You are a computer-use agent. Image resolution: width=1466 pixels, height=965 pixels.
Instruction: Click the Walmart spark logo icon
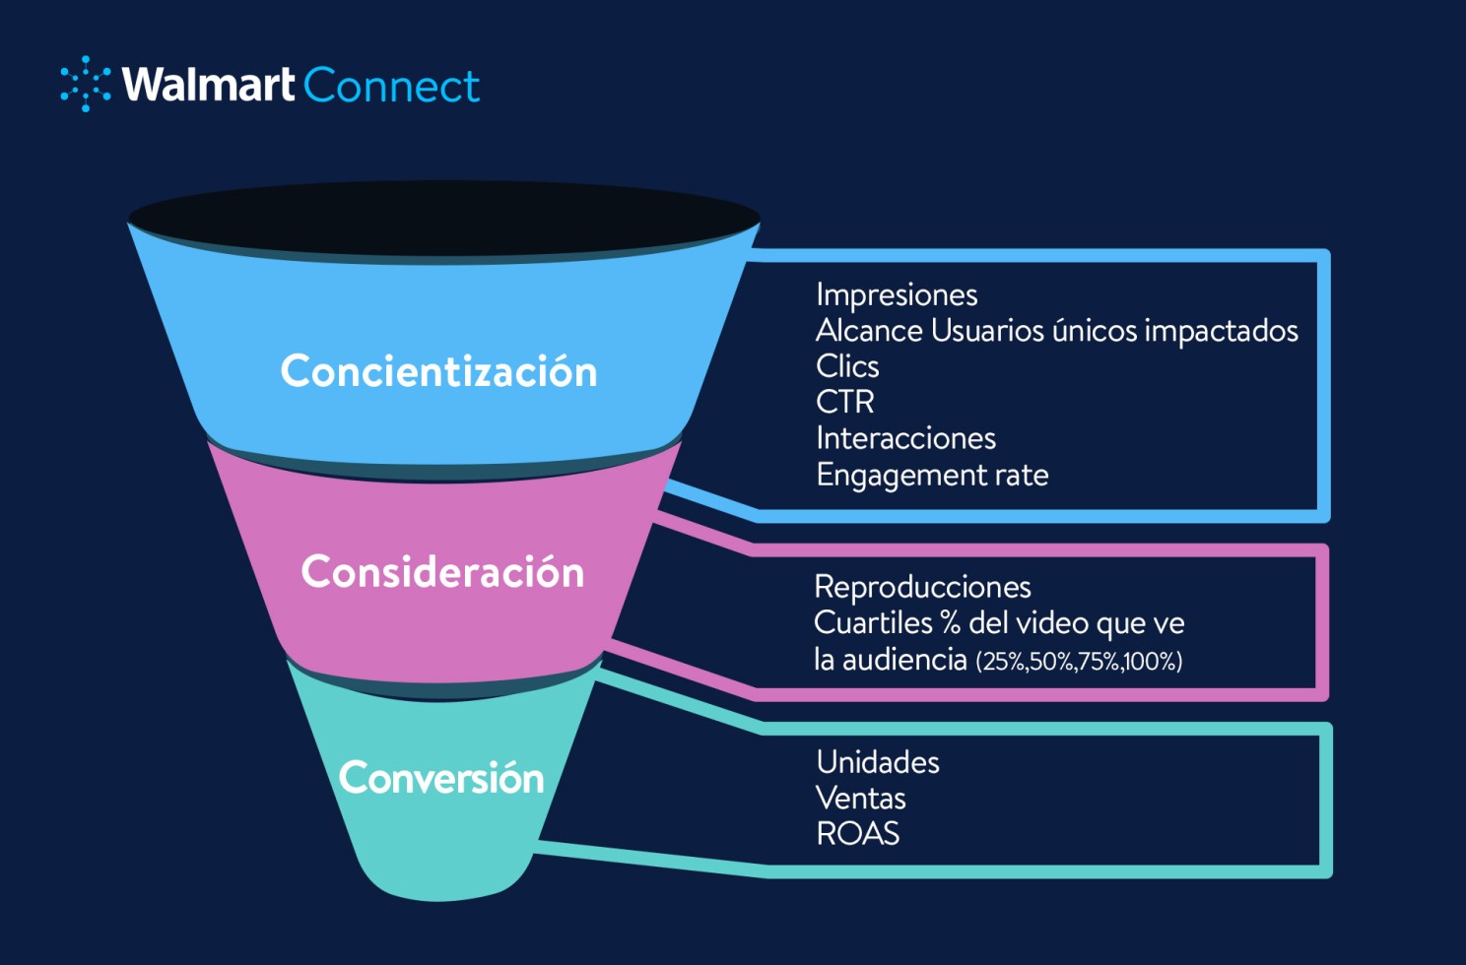(86, 84)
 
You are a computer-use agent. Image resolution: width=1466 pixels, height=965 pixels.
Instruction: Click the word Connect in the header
(391, 86)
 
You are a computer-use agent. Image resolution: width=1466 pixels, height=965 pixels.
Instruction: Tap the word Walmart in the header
(208, 85)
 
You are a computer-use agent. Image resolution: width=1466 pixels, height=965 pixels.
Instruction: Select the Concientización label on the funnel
(438, 371)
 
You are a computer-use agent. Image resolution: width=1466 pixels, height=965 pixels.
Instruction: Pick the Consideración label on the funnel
(442, 572)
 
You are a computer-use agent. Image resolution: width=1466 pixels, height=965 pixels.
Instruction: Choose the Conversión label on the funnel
(441, 778)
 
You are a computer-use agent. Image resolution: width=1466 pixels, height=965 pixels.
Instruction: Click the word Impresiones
(897, 294)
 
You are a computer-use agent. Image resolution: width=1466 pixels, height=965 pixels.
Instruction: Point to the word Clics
(847, 366)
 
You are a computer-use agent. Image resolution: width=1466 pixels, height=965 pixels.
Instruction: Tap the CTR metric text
(844, 402)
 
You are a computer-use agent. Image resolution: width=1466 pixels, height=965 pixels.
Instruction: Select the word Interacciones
(905, 438)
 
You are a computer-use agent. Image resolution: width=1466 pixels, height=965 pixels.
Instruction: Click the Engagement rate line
(932, 475)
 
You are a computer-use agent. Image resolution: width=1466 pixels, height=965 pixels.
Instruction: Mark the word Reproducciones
(922, 587)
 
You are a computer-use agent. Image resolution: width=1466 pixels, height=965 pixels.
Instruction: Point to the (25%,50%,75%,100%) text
(1079, 661)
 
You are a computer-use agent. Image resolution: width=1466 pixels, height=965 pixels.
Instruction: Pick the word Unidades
(878, 762)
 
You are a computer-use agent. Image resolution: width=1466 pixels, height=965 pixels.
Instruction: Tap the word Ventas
(860, 798)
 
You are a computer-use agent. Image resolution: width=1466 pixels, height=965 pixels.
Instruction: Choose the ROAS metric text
(858, 834)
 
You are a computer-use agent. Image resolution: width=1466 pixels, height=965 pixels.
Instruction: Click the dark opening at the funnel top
(443, 218)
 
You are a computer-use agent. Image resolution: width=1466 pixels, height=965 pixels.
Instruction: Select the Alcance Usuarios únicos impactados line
(1056, 331)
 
